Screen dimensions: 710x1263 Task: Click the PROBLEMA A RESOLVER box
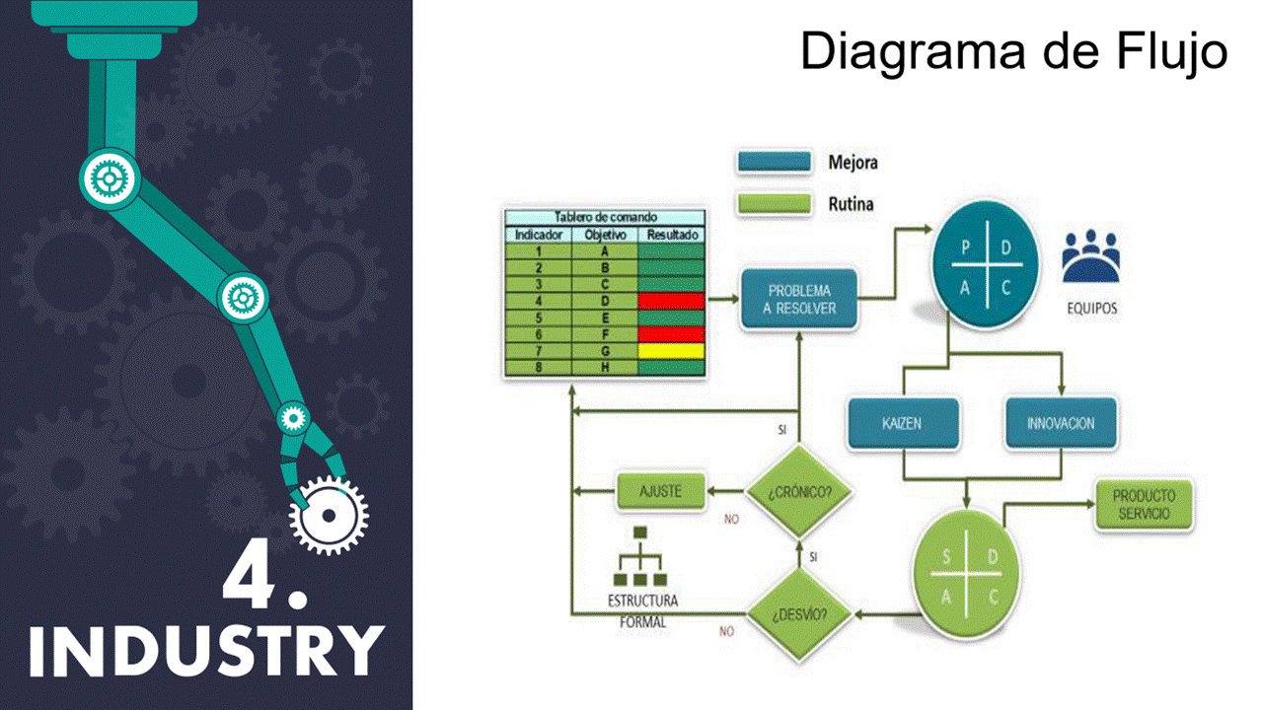(799, 300)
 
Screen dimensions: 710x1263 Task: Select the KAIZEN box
(903, 424)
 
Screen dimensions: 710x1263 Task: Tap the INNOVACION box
(1061, 424)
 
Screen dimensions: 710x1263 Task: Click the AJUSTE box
(661, 491)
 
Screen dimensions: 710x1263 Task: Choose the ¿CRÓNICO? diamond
(799, 491)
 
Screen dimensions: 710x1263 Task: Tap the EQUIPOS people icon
(1091, 256)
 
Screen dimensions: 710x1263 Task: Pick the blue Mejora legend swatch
(774, 163)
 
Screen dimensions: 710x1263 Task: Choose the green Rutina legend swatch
(774, 204)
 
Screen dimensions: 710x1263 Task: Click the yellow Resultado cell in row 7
(671, 350)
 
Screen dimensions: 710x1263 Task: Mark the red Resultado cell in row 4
(671, 300)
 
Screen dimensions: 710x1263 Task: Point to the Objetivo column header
(606, 236)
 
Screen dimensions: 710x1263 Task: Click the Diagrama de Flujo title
(1013, 51)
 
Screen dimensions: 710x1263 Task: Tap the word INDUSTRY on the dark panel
(205, 651)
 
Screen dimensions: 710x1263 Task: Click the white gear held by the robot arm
(329, 515)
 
